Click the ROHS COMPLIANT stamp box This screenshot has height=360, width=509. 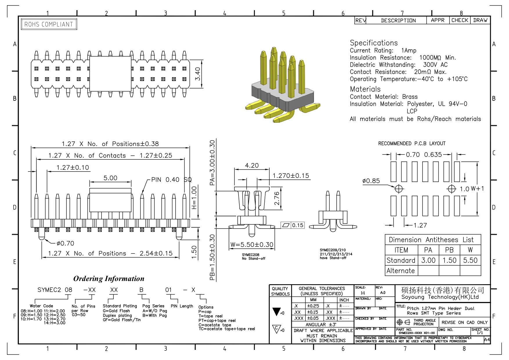49,24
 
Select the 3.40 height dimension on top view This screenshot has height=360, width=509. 198,74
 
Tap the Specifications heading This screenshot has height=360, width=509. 374,43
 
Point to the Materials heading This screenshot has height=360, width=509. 365,89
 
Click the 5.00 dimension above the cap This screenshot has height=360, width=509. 110,178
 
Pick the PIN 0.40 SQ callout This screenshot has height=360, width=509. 172,180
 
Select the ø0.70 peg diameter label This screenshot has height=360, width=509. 65,243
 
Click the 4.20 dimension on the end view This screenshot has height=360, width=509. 252,165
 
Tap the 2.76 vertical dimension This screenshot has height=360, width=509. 277,198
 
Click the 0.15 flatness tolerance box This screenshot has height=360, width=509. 293,225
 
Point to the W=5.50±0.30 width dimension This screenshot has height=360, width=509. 252,245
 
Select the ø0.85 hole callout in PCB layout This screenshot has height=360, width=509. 371,181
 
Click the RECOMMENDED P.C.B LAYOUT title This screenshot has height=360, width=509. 412,143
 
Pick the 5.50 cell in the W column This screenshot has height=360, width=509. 470,260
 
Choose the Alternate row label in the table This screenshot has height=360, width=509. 400,271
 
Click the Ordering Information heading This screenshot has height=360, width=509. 109,279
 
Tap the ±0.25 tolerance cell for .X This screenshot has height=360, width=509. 313,306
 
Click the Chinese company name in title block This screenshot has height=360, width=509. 443,290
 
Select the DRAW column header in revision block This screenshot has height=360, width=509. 480,20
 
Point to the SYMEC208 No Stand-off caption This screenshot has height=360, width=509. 254,257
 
